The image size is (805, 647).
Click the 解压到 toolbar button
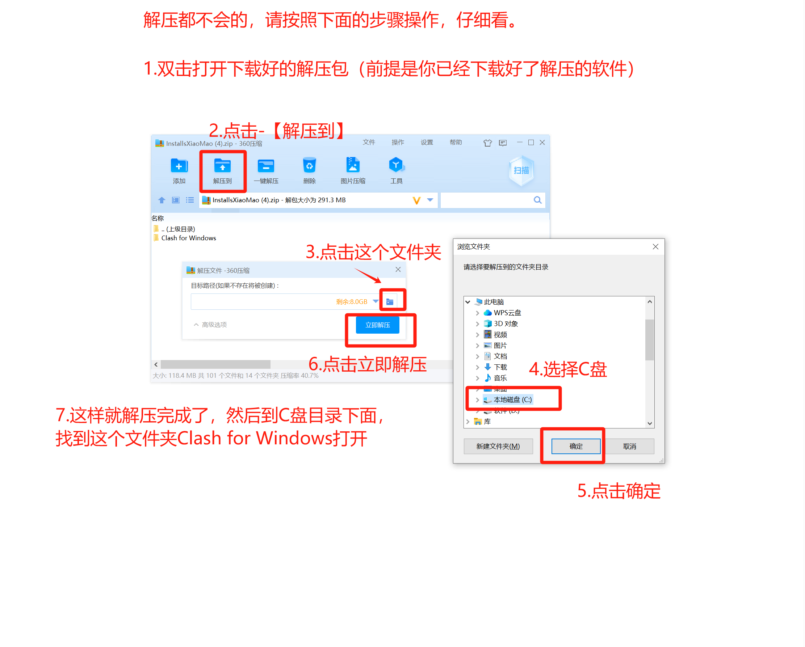pyautogui.click(x=223, y=171)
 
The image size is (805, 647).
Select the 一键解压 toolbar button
pyautogui.click(x=266, y=171)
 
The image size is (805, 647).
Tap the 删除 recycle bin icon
pyautogui.click(x=310, y=165)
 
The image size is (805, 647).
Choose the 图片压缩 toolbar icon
pyautogui.click(x=353, y=165)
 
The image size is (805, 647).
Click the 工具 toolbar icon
pyautogui.click(x=396, y=165)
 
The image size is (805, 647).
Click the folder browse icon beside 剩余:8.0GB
pyautogui.click(x=390, y=302)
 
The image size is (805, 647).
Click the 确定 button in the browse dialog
pyautogui.click(x=576, y=447)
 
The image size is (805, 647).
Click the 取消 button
pyautogui.click(x=629, y=447)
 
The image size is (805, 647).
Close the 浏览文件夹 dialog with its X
pyautogui.click(x=656, y=247)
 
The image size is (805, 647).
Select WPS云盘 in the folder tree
pyautogui.click(x=503, y=313)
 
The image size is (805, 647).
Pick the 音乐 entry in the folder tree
pyautogui.click(x=495, y=379)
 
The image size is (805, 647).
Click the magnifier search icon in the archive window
pyautogui.click(x=538, y=200)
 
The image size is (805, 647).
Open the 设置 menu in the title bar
pyautogui.click(x=427, y=143)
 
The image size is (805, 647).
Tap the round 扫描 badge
pyautogui.click(x=521, y=170)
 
